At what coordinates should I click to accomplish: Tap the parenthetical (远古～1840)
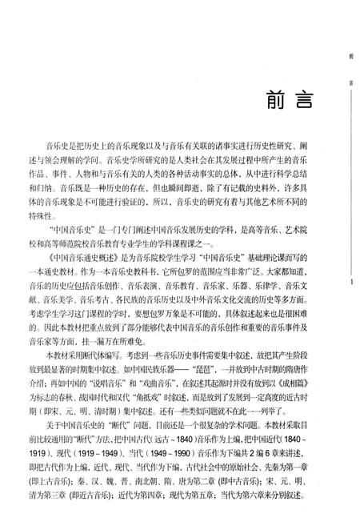[x=213, y=440]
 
